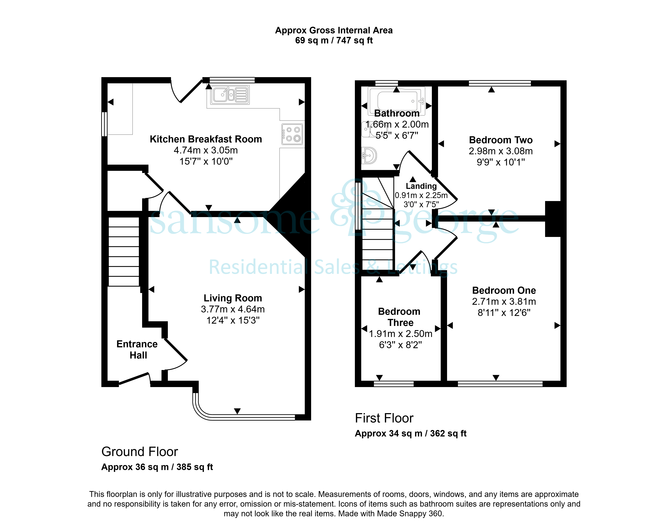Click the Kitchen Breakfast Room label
click(x=206, y=139)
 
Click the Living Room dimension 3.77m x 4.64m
click(x=233, y=309)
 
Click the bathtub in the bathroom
click(x=397, y=101)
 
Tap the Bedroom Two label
click(x=501, y=140)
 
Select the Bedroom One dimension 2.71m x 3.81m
click(x=504, y=301)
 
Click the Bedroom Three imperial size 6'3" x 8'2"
click(x=400, y=345)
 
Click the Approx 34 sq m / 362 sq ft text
click(x=410, y=433)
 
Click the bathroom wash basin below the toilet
click(x=369, y=155)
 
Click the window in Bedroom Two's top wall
click(x=500, y=83)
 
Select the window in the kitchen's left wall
click(x=104, y=124)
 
